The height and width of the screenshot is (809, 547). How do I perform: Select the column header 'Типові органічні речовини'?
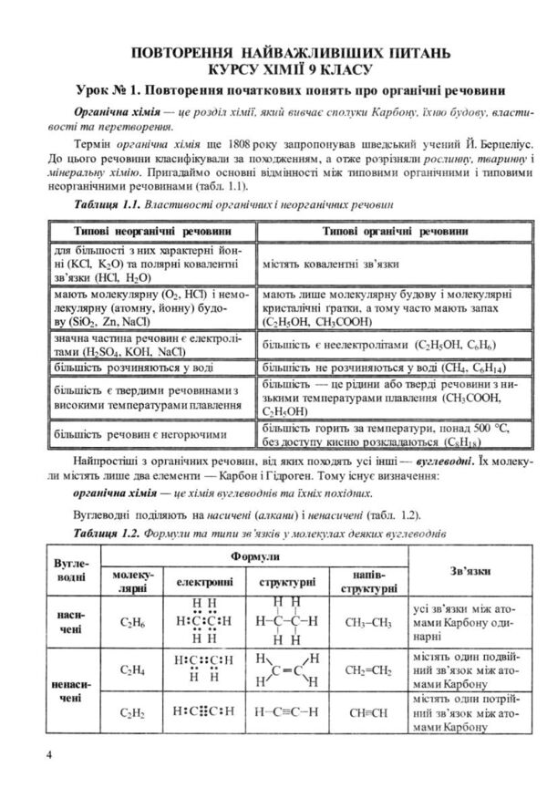382,232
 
